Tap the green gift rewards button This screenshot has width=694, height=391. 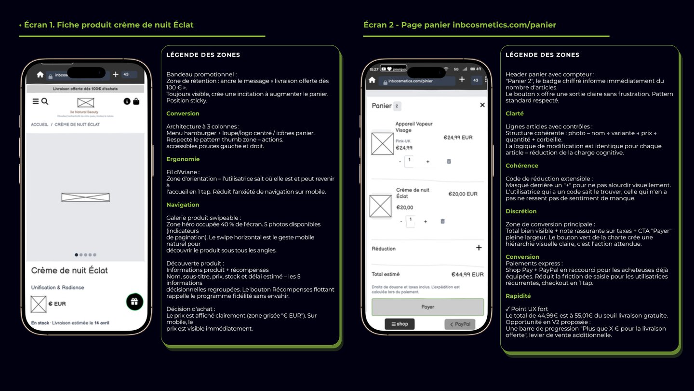(x=134, y=302)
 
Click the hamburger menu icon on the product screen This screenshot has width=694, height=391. (x=36, y=101)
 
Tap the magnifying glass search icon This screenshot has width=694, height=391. (x=45, y=101)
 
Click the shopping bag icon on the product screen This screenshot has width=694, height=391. (x=136, y=101)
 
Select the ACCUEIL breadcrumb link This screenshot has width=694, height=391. (x=40, y=125)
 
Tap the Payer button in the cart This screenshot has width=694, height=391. (x=427, y=307)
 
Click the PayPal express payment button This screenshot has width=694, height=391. (x=460, y=324)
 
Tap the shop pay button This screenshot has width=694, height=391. (x=400, y=324)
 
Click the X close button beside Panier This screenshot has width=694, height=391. (x=482, y=105)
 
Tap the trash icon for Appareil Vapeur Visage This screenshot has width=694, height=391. (x=449, y=161)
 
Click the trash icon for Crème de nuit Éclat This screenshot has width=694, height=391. (x=442, y=221)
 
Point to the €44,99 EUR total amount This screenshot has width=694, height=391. (x=467, y=274)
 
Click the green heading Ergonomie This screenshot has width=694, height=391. (x=183, y=159)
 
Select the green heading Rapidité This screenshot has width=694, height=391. (x=518, y=296)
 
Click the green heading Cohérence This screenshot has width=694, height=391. (x=521, y=166)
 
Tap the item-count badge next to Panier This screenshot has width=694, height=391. (x=397, y=106)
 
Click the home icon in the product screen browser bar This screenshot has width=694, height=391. (x=40, y=75)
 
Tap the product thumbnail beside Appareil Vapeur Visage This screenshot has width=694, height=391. (x=382, y=143)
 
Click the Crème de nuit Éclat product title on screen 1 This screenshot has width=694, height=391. (x=69, y=270)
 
